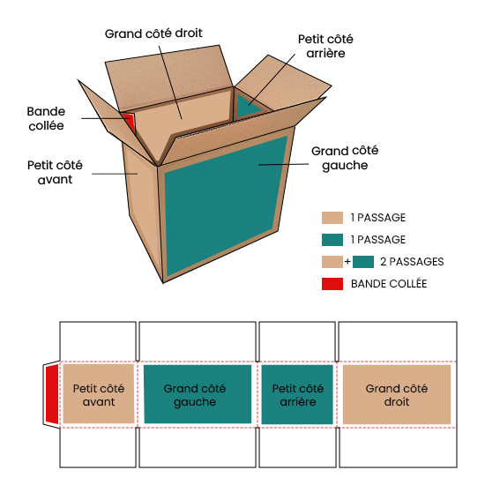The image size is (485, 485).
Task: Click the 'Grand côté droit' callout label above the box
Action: (153, 34)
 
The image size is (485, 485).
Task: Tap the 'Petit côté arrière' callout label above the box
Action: (325, 46)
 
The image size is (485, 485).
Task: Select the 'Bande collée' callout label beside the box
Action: (46, 118)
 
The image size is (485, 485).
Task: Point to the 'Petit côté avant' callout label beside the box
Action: (55, 172)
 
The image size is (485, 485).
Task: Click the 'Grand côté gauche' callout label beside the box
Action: (345, 158)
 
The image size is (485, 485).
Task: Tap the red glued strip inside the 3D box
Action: (130, 122)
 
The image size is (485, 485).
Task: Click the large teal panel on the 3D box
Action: (226, 205)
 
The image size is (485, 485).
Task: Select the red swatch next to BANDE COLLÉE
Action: (332, 284)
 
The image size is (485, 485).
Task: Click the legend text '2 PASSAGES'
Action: (412, 262)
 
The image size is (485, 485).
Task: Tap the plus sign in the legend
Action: (347, 262)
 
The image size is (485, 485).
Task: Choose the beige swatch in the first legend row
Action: (332, 218)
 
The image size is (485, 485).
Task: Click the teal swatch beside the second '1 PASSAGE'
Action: (332, 240)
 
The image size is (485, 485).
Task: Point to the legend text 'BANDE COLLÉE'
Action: (389, 284)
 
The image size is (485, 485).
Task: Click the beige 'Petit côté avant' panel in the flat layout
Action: (99, 393)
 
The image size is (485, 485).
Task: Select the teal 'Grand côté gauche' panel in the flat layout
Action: (198, 394)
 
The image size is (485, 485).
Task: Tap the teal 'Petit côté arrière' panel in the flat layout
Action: (297, 394)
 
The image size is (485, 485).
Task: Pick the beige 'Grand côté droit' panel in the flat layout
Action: (397, 394)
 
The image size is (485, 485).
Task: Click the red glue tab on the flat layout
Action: (52, 394)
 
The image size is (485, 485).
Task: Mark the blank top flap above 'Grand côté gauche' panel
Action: (198, 341)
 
